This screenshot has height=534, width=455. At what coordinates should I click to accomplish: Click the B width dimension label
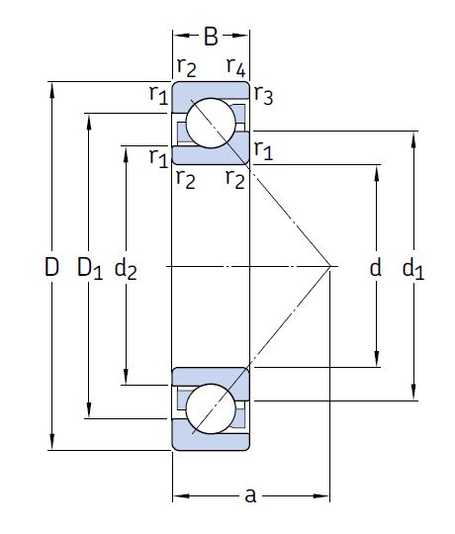click(x=211, y=37)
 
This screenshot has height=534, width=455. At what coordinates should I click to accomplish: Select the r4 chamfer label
click(x=236, y=67)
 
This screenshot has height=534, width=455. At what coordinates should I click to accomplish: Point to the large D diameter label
click(x=51, y=267)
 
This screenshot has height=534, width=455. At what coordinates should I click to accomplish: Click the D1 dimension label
click(x=90, y=268)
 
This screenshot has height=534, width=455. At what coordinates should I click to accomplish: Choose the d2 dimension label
click(x=126, y=268)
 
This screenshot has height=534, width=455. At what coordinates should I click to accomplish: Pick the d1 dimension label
click(x=413, y=268)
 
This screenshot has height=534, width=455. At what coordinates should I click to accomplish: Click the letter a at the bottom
click(x=250, y=495)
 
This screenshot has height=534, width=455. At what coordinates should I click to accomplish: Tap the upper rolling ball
click(x=211, y=123)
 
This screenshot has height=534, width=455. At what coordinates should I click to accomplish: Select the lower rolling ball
click(x=211, y=408)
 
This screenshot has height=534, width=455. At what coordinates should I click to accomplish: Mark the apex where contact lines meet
click(x=329, y=266)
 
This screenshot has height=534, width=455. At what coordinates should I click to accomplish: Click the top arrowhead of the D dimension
click(x=51, y=90)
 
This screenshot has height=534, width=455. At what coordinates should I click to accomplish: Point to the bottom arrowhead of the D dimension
click(x=51, y=442)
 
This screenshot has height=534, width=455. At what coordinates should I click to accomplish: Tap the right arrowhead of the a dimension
click(x=321, y=495)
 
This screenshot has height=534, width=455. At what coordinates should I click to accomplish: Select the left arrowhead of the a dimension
click(x=181, y=495)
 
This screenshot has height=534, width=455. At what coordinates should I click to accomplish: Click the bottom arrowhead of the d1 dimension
click(x=413, y=393)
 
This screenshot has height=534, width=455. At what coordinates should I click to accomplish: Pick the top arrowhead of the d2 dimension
click(x=126, y=154)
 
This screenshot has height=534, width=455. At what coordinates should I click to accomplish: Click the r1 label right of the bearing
click(x=263, y=149)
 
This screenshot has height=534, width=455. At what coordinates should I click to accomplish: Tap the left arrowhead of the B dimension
click(x=181, y=36)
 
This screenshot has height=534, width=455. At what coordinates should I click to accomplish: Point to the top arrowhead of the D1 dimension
click(x=89, y=122)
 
